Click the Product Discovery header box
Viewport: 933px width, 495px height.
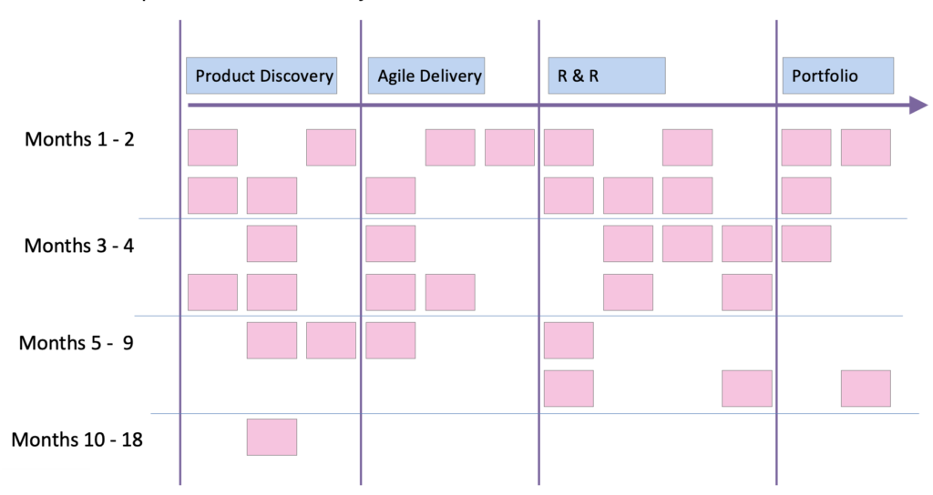coord(261,76)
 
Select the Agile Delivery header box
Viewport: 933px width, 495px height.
coord(425,76)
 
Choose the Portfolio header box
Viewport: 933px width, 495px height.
coord(837,76)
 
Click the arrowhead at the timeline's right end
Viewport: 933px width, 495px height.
coord(918,106)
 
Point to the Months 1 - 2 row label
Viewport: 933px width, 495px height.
coord(80,140)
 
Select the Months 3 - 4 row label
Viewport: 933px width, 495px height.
coord(80,246)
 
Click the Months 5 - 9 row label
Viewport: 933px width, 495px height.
coord(77,343)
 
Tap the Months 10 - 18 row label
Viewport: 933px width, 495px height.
coord(77,440)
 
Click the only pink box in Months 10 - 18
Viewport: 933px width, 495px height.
coord(272,437)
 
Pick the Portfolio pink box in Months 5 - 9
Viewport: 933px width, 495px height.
coord(866,389)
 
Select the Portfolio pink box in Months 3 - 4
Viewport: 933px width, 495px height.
coord(806,244)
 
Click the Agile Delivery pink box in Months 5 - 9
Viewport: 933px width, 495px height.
coord(390,340)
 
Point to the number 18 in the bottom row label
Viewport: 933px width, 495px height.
coord(131,440)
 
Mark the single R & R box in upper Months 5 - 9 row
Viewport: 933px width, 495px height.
coord(569,340)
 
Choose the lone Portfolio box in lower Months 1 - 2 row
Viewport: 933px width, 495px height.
coord(806,196)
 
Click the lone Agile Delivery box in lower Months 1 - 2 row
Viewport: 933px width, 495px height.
coord(390,196)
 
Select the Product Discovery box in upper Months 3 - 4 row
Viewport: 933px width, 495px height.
coord(272,244)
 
